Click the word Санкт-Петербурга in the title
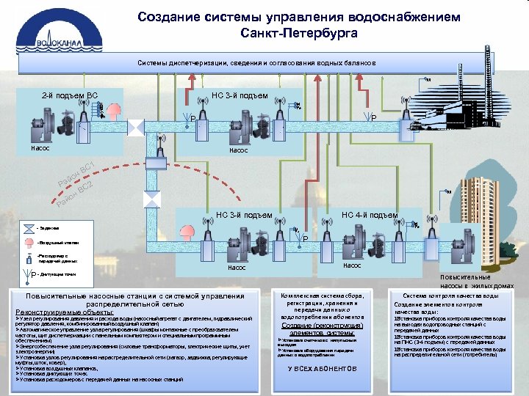pyautogui.click(x=299, y=34)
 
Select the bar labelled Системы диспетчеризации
pyautogui.click(x=257, y=63)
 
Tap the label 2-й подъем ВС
pyautogui.click(x=69, y=95)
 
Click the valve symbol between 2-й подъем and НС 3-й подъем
pyautogui.click(x=136, y=128)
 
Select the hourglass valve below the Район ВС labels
pyautogui.click(x=152, y=199)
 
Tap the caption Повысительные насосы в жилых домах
pyautogui.click(x=470, y=282)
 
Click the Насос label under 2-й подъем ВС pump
pyautogui.click(x=40, y=148)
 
